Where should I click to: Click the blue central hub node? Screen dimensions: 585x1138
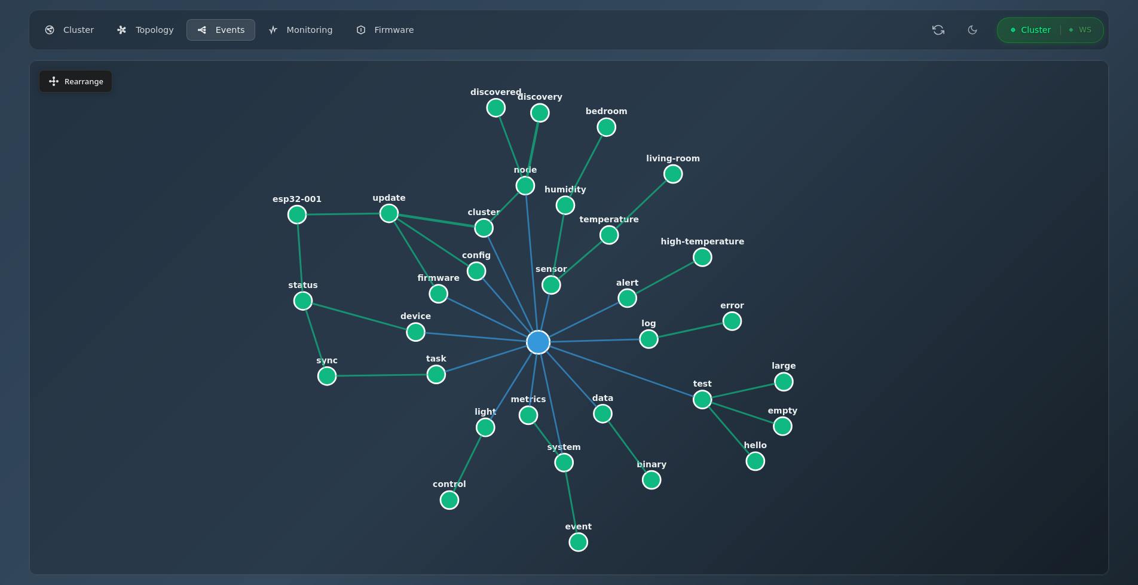[538, 342]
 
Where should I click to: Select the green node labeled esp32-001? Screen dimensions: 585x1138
[297, 215]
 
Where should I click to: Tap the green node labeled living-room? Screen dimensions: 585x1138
[673, 174]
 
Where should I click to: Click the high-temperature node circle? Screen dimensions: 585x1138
[702, 257]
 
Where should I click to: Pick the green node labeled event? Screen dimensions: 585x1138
[578, 542]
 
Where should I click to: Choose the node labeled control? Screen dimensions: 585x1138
[449, 500]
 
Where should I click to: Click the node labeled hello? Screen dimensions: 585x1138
[755, 461]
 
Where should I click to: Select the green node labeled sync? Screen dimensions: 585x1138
[327, 376]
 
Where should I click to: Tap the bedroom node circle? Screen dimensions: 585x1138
[606, 127]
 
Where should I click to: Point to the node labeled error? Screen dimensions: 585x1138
[732, 321]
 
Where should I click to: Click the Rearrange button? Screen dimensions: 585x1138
[76, 81]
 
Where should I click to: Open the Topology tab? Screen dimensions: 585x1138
[145, 30]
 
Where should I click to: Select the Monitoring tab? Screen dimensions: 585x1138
[301, 30]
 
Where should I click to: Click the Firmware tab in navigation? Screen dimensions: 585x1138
[386, 30]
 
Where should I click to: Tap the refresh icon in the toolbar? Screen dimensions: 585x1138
[938, 30]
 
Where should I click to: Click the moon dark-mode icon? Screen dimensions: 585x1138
[972, 30]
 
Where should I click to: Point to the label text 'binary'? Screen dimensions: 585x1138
[651, 464]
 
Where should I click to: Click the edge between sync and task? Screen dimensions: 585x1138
[381, 375]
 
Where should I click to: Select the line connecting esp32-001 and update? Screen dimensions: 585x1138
[343, 214]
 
